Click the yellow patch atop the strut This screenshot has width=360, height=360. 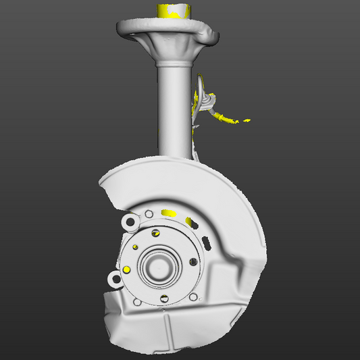173,10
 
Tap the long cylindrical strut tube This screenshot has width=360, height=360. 175,108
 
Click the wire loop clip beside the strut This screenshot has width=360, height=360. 207,100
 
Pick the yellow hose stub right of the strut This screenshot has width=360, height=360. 227,120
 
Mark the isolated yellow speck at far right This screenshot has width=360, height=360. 248,120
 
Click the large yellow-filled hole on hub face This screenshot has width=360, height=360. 126,269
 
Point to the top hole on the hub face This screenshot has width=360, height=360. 156,233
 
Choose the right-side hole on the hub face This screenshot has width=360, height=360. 192,261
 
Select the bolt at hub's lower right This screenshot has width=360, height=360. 194,297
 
